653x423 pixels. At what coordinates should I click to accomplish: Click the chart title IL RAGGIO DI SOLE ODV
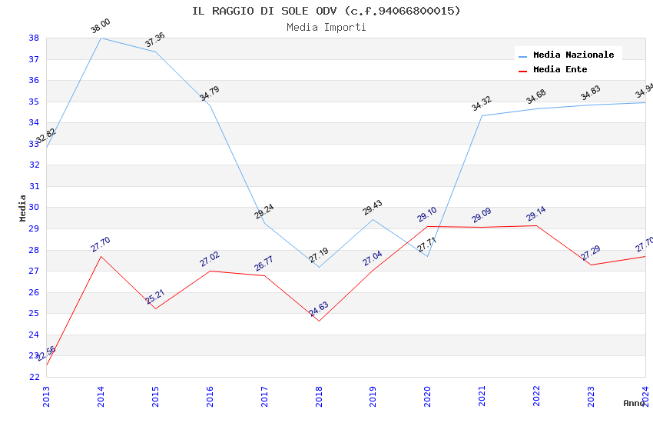326,11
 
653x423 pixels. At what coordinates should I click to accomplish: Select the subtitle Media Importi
326,28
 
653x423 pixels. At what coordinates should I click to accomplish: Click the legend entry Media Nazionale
573,55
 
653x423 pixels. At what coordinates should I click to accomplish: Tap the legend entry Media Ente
560,70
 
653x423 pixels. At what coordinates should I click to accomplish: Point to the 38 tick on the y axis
34,38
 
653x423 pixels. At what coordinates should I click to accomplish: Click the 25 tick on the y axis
34,313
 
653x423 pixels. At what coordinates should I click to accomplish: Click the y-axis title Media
23,208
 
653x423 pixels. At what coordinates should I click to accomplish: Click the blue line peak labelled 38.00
101,38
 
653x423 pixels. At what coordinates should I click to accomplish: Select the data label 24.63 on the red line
319,310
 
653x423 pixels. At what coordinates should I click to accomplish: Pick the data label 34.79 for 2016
210,94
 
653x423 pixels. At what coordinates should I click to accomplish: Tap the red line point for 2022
536,225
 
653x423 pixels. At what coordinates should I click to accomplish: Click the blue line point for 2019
373,219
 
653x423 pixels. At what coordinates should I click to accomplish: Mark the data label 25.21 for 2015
155,297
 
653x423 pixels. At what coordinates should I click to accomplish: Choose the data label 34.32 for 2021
482,104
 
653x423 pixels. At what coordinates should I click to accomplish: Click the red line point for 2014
101,256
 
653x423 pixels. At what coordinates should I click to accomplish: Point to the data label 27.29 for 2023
591,253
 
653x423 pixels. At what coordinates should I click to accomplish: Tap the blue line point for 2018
319,267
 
